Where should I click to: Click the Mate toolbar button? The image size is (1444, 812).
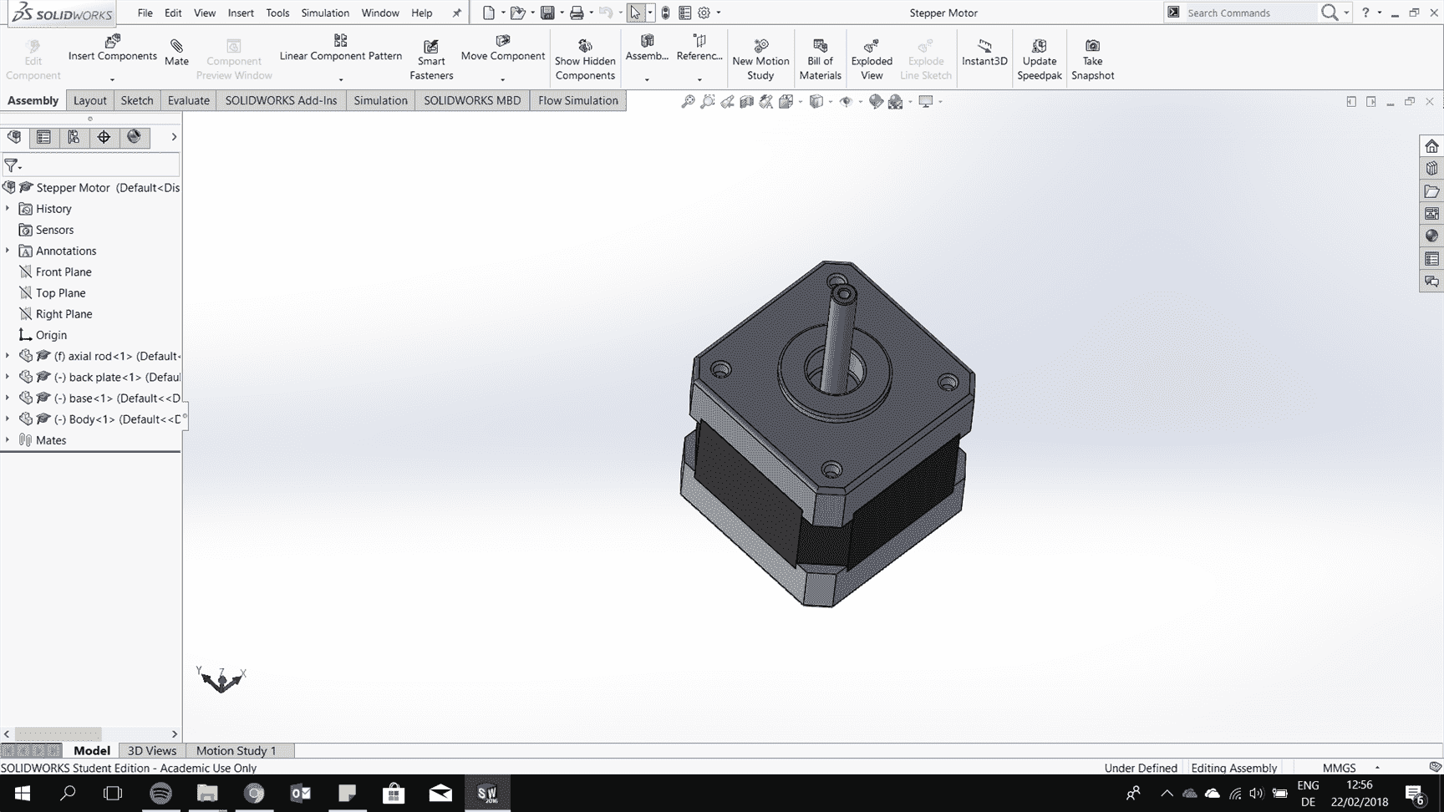[x=176, y=52]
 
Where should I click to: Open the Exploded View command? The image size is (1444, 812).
[x=872, y=58]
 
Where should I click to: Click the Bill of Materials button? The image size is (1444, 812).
[x=820, y=58]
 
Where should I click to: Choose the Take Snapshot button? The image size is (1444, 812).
[x=1092, y=58]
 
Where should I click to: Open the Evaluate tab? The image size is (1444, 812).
[x=189, y=100]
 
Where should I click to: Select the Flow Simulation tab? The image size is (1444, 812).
[x=578, y=100]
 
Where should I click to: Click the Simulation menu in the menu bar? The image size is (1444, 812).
[x=325, y=13]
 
